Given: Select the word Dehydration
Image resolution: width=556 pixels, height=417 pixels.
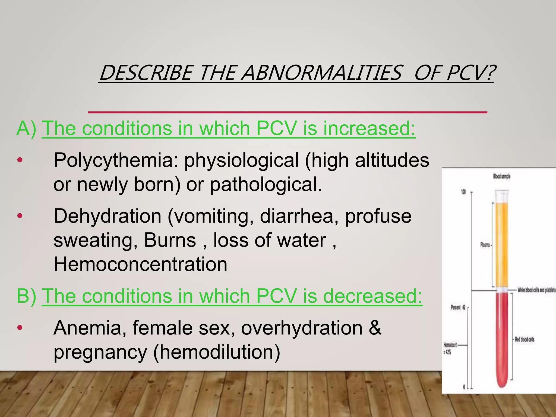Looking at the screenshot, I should tap(108, 216).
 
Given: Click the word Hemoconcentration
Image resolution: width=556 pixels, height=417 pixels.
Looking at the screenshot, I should tap(140, 264).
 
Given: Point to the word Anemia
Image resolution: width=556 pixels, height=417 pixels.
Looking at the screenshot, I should tap(90, 328).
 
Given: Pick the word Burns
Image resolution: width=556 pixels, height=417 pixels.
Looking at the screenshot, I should tap(170, 240).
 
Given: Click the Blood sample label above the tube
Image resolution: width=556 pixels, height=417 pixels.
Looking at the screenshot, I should tap(501, 176).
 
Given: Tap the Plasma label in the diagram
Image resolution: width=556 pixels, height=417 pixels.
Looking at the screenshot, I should tap(485, 245).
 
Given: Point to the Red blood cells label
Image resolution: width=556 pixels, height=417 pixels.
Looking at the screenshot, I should tap(525, 339).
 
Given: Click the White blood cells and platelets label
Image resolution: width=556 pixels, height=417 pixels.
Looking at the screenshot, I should tap(536, 290).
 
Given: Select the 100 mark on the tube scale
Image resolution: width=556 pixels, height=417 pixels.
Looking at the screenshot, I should tap(463, 192).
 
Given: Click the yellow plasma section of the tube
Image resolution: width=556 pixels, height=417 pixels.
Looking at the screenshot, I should tap(502, 244).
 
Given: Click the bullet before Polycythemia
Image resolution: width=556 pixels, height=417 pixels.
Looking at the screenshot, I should tap(20, 160).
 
